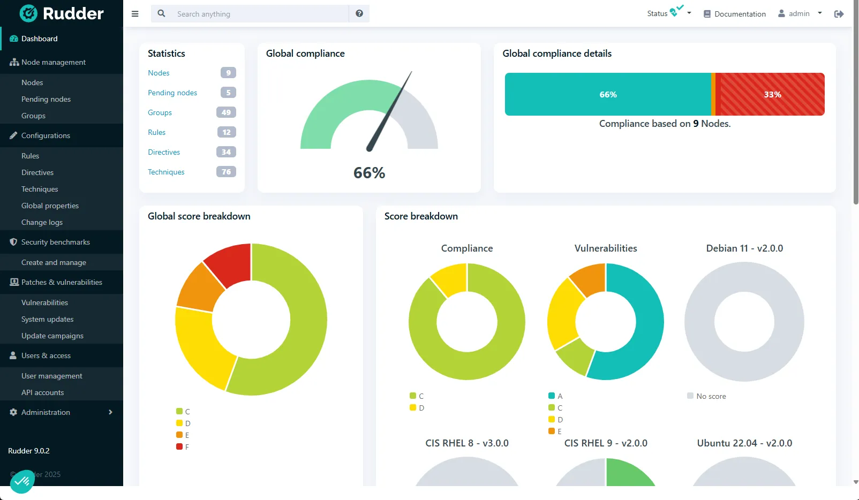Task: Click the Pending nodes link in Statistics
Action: pos(172,93)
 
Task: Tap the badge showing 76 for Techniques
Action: pos(226,172)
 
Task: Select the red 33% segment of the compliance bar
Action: pos(772,94)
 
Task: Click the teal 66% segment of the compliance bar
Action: pos(608,94)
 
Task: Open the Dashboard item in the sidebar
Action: pos(39,39)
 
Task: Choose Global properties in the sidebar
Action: pos(50,206)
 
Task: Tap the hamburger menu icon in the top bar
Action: pos(135,14)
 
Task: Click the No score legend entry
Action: pos(706,396)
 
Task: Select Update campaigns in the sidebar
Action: pos(52,336)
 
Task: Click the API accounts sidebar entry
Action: pos(42,392)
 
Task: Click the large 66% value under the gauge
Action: pos(369,173)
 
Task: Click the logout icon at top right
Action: pos(839,14)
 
